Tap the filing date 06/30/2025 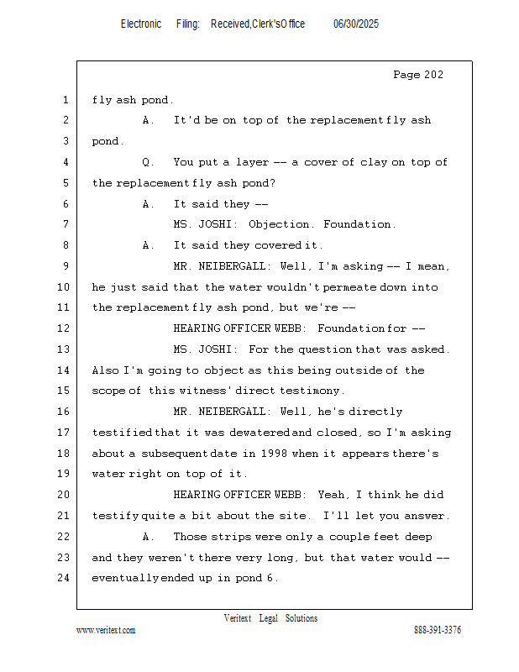(356, 24)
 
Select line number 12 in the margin (65, 328)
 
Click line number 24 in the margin (65, 578)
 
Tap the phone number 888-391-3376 (438, 630)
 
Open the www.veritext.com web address (106, 630)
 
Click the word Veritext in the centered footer (238, 618)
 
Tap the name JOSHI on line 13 (218, 349)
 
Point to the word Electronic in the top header (141, 24)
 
